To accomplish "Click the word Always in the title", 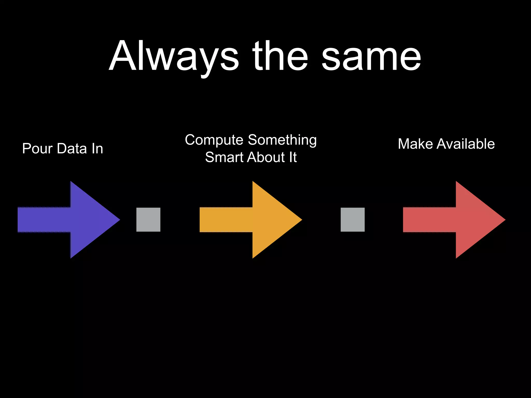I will [174, 56].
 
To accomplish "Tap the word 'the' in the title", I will [280, 56].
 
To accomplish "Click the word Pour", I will [37, 149].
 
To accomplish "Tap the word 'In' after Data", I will [97, 149].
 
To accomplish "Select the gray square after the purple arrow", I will [148, 220].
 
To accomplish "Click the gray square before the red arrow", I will [352, 220].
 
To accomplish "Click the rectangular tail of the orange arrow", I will [226, 220].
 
